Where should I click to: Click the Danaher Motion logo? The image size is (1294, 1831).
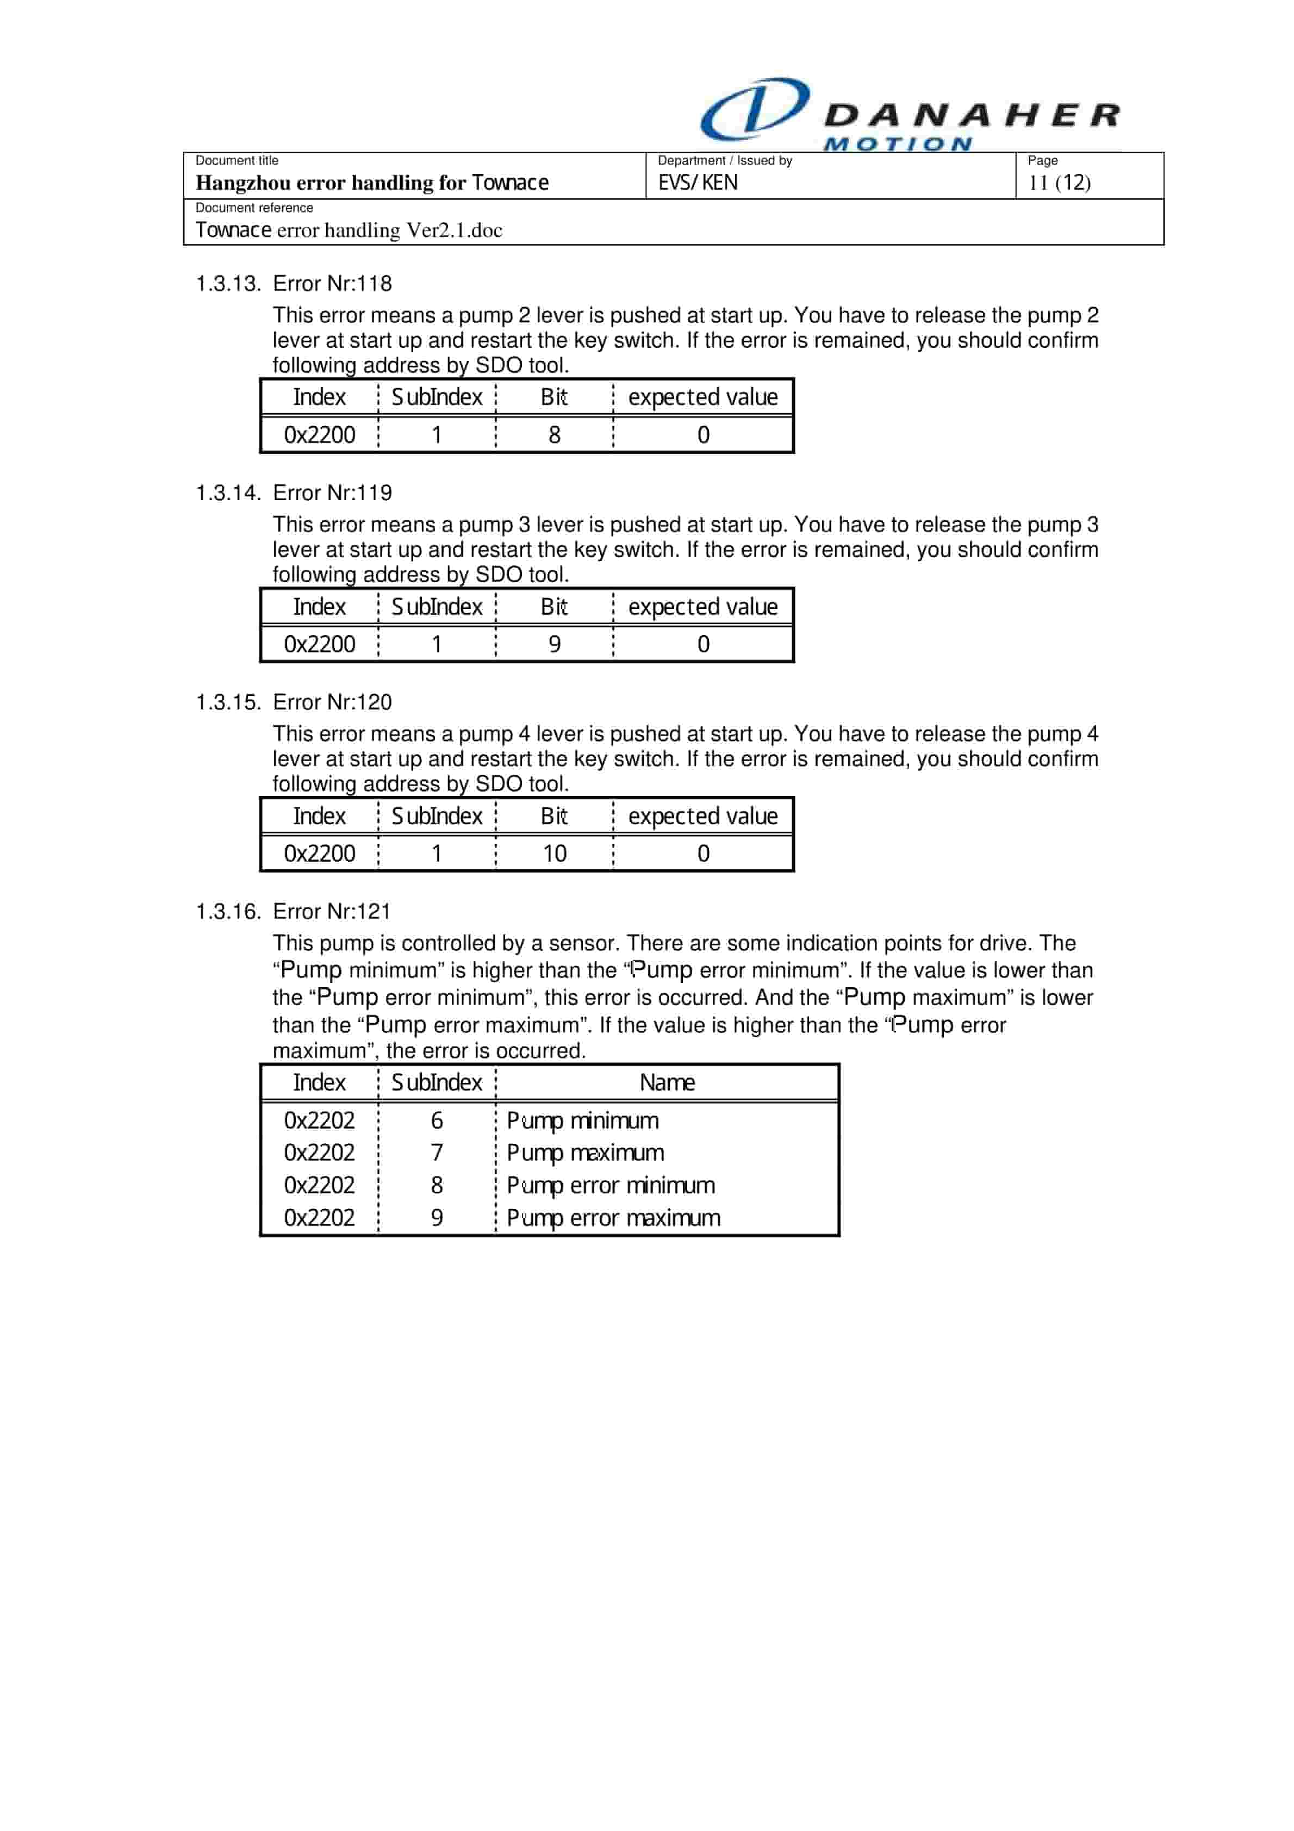point(910,114)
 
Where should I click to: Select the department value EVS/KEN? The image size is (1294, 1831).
point(697,183)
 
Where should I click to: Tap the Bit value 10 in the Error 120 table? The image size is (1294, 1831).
point(555,854)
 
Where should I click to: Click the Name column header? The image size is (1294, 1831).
point(667,1082)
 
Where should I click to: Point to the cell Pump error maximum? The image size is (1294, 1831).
point(613,1218)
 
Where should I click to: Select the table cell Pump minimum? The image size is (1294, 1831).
point(582,1120)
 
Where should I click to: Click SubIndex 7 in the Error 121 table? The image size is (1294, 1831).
point(437,1153)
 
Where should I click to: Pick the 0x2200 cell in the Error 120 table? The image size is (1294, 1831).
point(319,854)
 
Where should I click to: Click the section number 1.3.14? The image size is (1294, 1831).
point(228,493)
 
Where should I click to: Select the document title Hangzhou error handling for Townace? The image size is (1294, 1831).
point(372,183)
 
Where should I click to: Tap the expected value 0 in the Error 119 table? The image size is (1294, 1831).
point(703,644)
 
